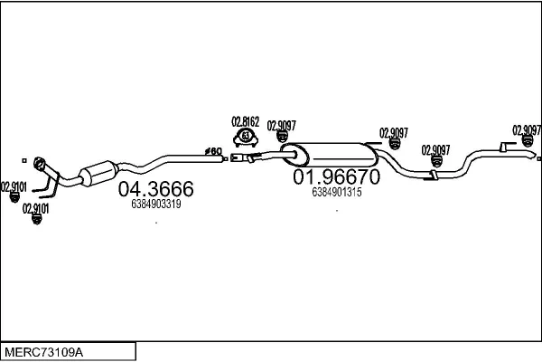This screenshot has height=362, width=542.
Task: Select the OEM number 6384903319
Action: coord(156,204)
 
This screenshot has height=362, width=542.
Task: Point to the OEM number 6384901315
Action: coord(336,192)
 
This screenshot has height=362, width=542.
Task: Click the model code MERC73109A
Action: coord(43,350)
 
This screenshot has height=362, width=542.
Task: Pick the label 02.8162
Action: coord(245,121)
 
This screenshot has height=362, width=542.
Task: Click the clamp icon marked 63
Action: coord(245,137)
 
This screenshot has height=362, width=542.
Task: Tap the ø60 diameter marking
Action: coord(213,150)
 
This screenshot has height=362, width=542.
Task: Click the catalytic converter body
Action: coord(98,173)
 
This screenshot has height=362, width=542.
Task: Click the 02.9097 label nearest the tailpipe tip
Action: coord(527,129)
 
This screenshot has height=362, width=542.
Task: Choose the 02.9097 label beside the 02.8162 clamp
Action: coord(281,126)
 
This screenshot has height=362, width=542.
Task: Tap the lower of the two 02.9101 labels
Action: coord(36,208)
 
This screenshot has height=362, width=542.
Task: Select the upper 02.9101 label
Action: coord(14,187)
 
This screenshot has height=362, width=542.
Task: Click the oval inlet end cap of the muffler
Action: coord(289,152)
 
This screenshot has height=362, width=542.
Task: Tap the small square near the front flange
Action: coord(25,157)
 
